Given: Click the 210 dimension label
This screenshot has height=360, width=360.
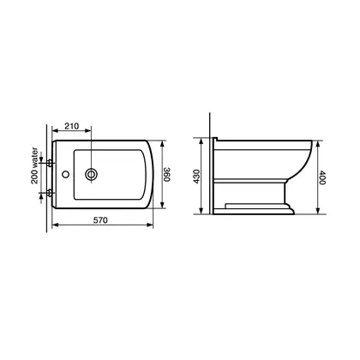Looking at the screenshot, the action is (71, 126).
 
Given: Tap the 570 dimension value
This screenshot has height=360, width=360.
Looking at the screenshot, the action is (100, 220).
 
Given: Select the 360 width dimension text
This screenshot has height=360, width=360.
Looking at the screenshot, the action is (167, 174).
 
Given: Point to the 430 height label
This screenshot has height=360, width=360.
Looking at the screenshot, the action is (196, 177).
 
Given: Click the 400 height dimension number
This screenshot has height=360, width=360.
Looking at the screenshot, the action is (322, 177).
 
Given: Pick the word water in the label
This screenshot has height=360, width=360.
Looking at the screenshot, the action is (34, 158).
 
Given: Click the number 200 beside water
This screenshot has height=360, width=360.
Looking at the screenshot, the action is (34, 177).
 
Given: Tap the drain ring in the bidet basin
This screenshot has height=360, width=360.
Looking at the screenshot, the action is (91, 174).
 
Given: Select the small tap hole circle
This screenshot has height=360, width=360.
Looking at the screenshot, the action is (66, 174).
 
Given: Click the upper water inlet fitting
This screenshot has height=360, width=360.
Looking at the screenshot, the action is (50, 163).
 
